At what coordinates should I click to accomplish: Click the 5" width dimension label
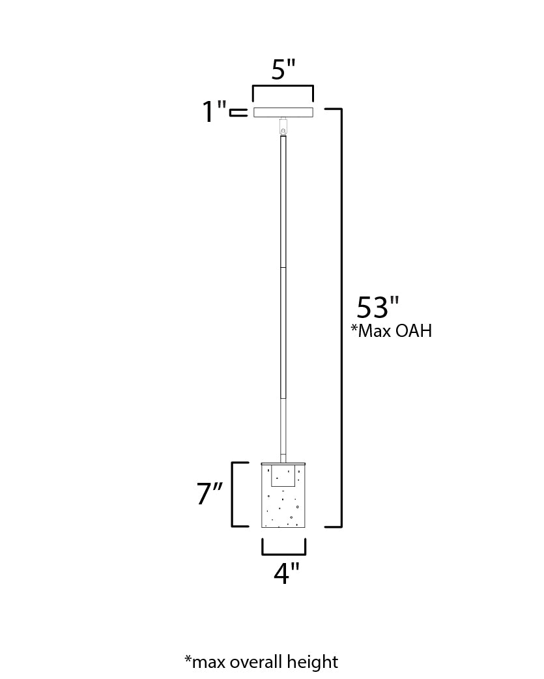point(283,69)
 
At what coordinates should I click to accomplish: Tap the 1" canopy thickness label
point(213,112)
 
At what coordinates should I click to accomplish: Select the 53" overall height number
point(377,308)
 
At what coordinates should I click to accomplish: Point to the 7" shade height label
point(210,495)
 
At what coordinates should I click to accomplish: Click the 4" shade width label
point(286,574)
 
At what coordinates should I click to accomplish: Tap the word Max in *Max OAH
point(375,331)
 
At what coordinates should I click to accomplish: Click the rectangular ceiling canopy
point(283,113)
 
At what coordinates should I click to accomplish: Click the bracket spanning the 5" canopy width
point(283,87)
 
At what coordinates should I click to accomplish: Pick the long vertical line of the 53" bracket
point(341,317)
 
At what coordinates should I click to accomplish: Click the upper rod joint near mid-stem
point(283,268)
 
